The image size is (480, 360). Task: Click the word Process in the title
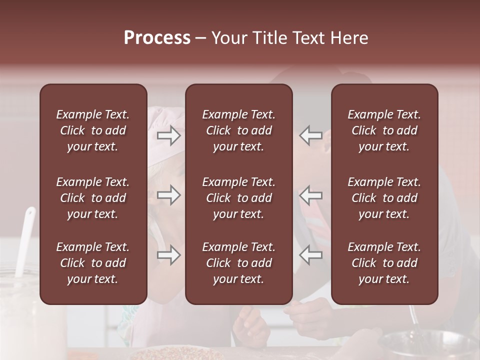pyautogui.click(x=157, y=38)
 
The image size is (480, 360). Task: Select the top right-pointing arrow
pyautogui.click(x=169, y=135)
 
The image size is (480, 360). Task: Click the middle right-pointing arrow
pyautogui.click(x=169, y=195)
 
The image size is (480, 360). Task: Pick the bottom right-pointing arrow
pyautogui.click(x=169, y=255)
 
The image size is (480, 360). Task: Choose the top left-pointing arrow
pyautogui.click(x=310, y=135)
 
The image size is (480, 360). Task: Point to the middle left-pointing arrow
pyautogui.click(x=310, y=195)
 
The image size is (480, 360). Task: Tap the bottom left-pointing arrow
pyautogui.click(x=310, y=255)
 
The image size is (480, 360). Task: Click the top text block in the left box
pyautogui.click(x=93, y=130)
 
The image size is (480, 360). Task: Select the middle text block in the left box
pyautogui.click(x=93, y=198)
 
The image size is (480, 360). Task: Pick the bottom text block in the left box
pyautogui.click(x=93, y=263)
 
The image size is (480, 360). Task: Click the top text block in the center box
pyautogui.click(x=238, y=130)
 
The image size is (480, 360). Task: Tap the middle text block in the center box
pyautogui.click(x=238, y=198)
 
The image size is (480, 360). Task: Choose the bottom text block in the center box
pyautogui.click(x=238, y=263)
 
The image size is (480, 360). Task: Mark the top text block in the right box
pyautogui.click(x=384, y=130)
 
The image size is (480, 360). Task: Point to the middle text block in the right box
pyautogui.click(x=384, y=198)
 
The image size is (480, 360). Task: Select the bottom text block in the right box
pyautogui.click(x=384, y=263)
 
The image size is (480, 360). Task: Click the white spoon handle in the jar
pyautogui.click(x=25, y=240)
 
